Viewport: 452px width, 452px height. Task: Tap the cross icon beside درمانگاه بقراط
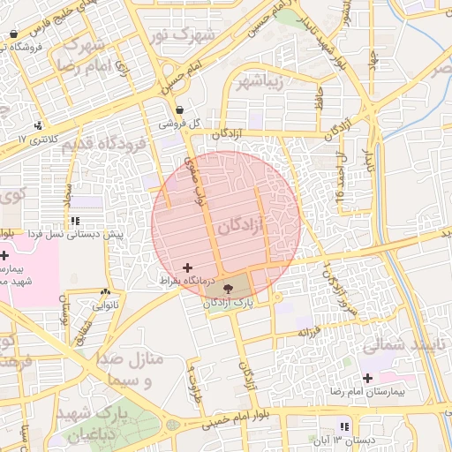(x=186, y=267)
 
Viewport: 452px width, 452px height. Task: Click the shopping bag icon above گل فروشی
(x=180, y=110)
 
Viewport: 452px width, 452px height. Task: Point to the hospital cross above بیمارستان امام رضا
(x=367, y=378)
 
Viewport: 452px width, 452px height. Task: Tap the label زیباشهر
(x=262, y=83)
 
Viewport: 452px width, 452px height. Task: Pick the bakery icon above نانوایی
(x=105, y=291)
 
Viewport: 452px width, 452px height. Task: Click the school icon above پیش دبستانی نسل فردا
(x=76, y=221)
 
